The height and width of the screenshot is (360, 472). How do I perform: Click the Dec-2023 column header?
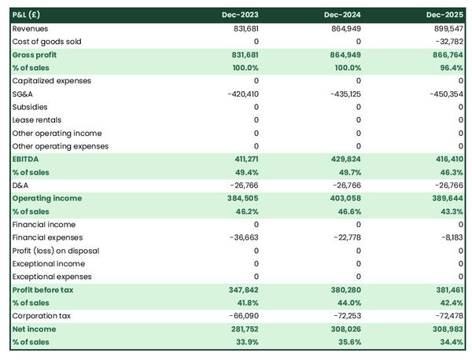pos(242,15)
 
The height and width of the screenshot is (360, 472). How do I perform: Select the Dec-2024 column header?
pos(343,15)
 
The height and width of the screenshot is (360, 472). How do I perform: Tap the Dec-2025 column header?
pos(445,15)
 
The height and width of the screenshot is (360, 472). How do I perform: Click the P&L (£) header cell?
pos(27,15)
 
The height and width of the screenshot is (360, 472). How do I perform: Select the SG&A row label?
pos(23,94)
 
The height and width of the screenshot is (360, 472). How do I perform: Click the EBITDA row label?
pos(26,159)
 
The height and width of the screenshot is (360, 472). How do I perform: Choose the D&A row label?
pos(21,186)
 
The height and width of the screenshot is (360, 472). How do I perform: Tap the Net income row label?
pos(35,329)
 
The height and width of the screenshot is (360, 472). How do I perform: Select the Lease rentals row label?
pos(36,119)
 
